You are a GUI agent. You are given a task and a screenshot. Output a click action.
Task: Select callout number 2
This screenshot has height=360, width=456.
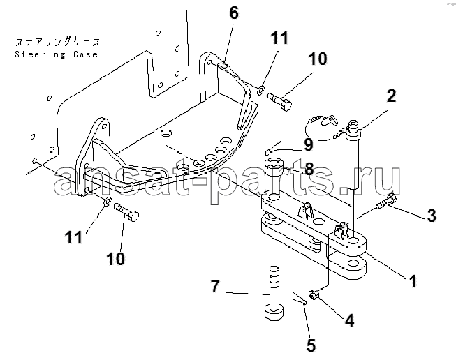(391, 96)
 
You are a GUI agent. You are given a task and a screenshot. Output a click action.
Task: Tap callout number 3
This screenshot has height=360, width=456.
(432, 216)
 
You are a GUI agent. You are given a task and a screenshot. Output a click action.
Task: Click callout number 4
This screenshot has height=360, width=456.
(349, 320)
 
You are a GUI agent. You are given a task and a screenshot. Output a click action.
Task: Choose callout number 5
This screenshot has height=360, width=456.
(311, 345)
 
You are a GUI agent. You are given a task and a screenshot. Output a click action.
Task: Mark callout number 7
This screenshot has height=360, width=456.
(216, 285)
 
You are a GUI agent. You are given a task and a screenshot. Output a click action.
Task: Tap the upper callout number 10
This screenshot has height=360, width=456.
(318, 60)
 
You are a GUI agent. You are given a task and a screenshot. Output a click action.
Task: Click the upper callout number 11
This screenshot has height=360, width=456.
(279, 38)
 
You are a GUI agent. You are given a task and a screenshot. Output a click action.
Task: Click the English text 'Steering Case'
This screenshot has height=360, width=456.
(57, 54)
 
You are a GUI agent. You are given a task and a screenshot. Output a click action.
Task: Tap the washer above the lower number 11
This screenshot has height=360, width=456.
(105, 202)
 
